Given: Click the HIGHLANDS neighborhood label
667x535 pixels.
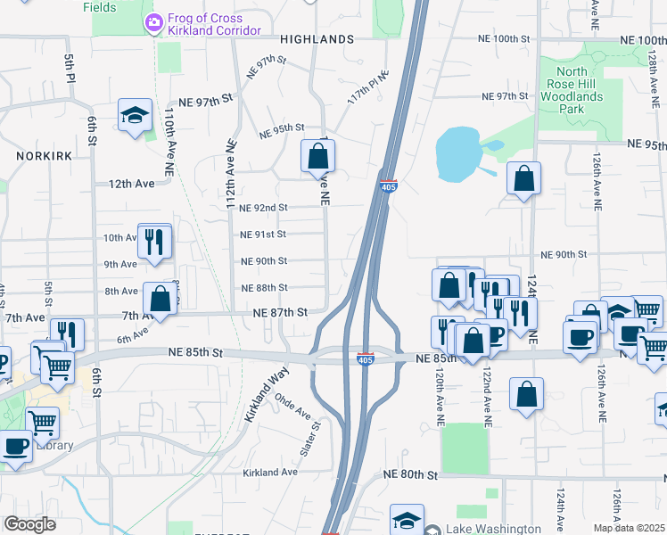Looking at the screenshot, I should click(317, 39).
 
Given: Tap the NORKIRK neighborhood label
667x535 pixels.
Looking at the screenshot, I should click(36, 154).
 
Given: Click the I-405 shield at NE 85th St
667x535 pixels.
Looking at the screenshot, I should click(364, 359).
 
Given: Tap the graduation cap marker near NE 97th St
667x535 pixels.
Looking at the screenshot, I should click(135, 116).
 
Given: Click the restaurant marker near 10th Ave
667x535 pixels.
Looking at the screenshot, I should click(155, 242).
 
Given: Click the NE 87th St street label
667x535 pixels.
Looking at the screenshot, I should click(280, 313).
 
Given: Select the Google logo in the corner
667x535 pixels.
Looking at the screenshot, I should click(30, 524).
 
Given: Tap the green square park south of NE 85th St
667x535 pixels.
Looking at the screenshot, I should click(465, 449).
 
